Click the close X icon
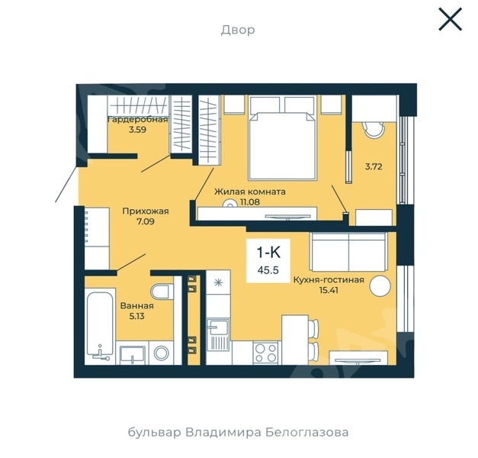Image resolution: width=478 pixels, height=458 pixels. click(451, 19)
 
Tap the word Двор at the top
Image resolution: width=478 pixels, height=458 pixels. click(238, 31)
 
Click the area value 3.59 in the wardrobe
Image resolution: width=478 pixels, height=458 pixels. click(137, 130)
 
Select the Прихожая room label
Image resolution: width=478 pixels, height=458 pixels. click(146, 211)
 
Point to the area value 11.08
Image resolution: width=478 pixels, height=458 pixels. click(250, 202)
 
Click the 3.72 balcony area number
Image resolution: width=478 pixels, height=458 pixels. click(374, 166)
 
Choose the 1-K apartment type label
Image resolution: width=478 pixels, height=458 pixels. click(268, 253)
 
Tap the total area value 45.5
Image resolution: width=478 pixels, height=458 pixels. click(268, 270)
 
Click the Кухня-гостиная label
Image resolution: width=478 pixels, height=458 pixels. click(329, 279)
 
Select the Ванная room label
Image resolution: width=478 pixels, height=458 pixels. click(137, 305)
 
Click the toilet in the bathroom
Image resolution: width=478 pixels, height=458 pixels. click(162, 292)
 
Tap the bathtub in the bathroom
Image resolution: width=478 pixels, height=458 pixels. click(100, 326)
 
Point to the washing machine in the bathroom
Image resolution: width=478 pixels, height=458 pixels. click(162, 353)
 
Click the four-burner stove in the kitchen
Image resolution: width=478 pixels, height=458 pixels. click(265, 353)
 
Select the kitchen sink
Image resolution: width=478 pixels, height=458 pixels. click(218, 334)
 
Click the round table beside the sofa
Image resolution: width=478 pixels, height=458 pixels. click(380, 285)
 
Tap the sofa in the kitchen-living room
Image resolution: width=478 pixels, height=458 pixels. click(348, 252)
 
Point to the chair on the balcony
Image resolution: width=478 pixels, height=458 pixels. click(374, 130)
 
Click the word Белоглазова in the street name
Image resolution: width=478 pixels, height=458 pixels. click(307, 432)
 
